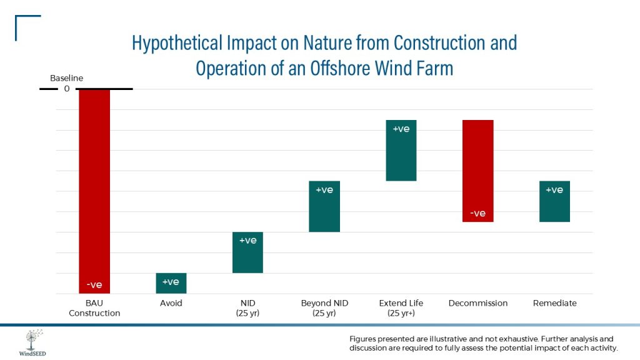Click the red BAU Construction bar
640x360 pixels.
(x=94, y=187)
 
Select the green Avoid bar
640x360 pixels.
(x=171, y=283)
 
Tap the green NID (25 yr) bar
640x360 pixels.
(x=247, y=252)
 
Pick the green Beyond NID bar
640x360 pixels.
(x=324, y=206)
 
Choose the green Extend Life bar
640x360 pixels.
(x=401, y=150)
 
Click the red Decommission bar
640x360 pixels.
(x=478, y=171)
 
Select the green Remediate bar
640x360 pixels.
(x=554, y=201)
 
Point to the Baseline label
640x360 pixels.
(x=66, y=78)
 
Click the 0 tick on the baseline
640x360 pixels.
(x=66, y=89)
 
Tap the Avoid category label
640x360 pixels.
(x=171, y=303)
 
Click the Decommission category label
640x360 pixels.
(x=478, y=303)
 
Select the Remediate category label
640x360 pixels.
(x=554, y=303)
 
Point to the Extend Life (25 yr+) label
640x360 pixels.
(x=401, y=308)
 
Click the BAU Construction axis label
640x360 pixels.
(x=94, y=308)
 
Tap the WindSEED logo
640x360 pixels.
(x=31, y=342)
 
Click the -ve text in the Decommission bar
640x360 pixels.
(x=477, y=213)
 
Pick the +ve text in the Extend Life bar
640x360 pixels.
(x=401, y=129)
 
